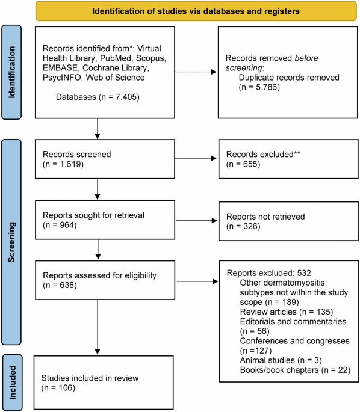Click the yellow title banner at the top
[196, 11]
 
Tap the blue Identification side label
[11, 72]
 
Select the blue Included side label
[12, 383]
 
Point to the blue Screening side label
[11, 242]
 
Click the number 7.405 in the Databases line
[126, 97]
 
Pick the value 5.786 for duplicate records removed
[267, 87]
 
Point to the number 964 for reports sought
[67, 225]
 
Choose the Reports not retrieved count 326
[251, 226]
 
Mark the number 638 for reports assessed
[67, 285]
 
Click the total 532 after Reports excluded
[304, 273]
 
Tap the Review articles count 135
[323, 312]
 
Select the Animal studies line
[281, 360]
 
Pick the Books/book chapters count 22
[343, 370]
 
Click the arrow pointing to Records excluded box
[196, 158]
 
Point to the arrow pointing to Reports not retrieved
[196, 221]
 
